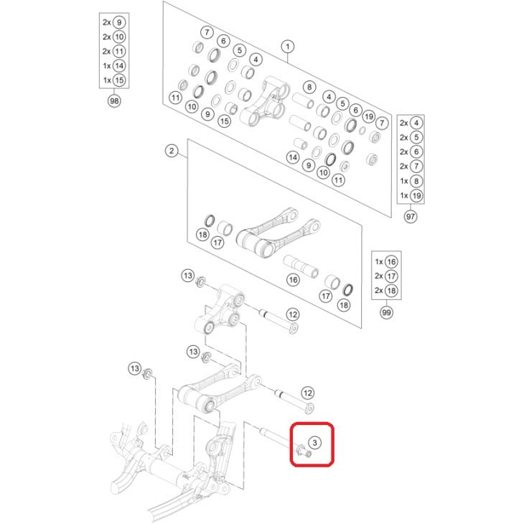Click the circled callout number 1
[x=288, y=47]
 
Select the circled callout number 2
[x=172, y=151]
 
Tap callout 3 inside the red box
[x=314, y=443]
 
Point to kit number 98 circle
[x=114, y=100]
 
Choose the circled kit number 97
[x=411, y=217]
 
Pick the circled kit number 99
[x=386, y=312]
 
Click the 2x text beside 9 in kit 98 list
[x=107, y=22]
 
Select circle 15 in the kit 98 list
[x=119, y=80]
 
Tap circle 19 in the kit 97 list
[x=416, y=195]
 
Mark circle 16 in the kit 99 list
[x=391, y=262]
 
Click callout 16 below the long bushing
[x=294, y=280]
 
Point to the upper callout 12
[x=293, y=314]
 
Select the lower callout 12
[x=308, y=393]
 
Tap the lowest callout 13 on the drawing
[x=135, y=369]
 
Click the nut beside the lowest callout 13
[x=147, y=373]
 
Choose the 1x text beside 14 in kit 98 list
[x=107, y=66]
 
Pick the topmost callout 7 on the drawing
[x=207, y=32]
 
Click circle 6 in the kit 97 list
[x=416, y=151]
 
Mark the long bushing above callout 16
[x=301, y=266]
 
